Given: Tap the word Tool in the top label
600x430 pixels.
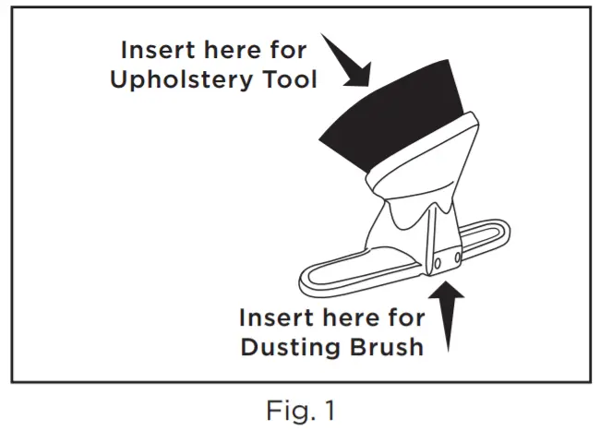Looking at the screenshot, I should tap(288, 80).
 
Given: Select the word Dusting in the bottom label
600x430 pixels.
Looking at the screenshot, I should tap(288, 348).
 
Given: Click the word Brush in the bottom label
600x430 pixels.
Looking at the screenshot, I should tap(385, 348).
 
